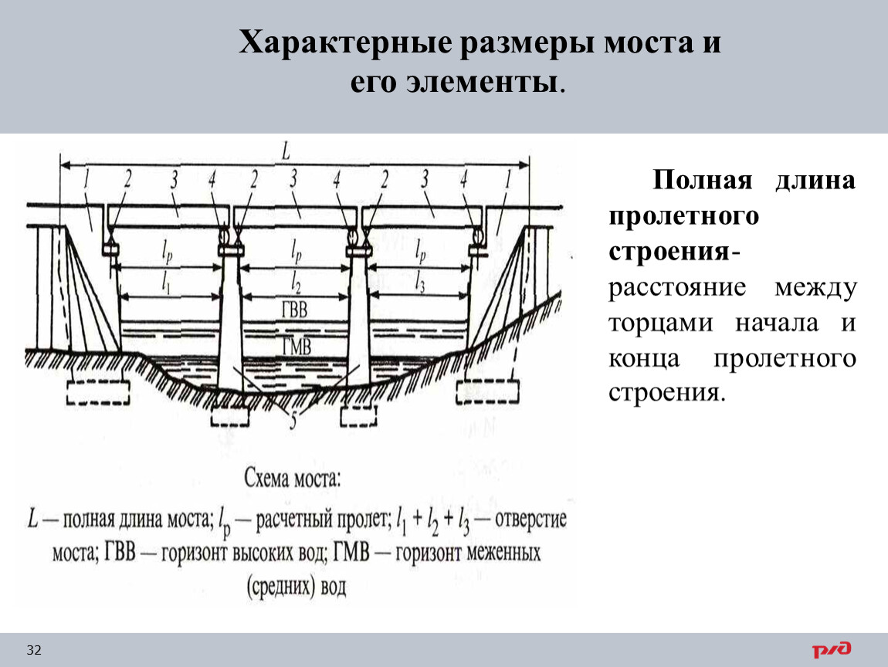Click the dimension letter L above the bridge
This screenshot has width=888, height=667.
[x=286, y=151]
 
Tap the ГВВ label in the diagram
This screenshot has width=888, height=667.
[x=294, y=309]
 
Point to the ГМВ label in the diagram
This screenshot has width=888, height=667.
[x=297, y=345]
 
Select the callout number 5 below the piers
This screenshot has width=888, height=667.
[x=293, y=421]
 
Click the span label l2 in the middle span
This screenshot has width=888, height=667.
[x=296, y=281]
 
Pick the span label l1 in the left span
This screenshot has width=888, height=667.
[x=166, y=282]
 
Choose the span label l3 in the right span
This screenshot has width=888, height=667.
[x=419, y=282]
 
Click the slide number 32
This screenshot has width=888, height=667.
[x=34, y=650]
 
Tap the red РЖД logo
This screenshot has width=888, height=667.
[x=832, y=649]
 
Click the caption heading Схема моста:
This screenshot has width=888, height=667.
[x=292, y=479]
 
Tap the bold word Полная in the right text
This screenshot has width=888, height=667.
[x=702, y=180]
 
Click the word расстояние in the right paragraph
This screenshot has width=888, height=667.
[x=677, y=288]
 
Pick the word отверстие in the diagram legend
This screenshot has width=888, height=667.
[x=530, y=520]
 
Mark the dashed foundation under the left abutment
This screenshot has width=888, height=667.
[x=98, y=392]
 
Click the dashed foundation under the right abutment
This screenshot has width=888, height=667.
[x=487, y=392]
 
